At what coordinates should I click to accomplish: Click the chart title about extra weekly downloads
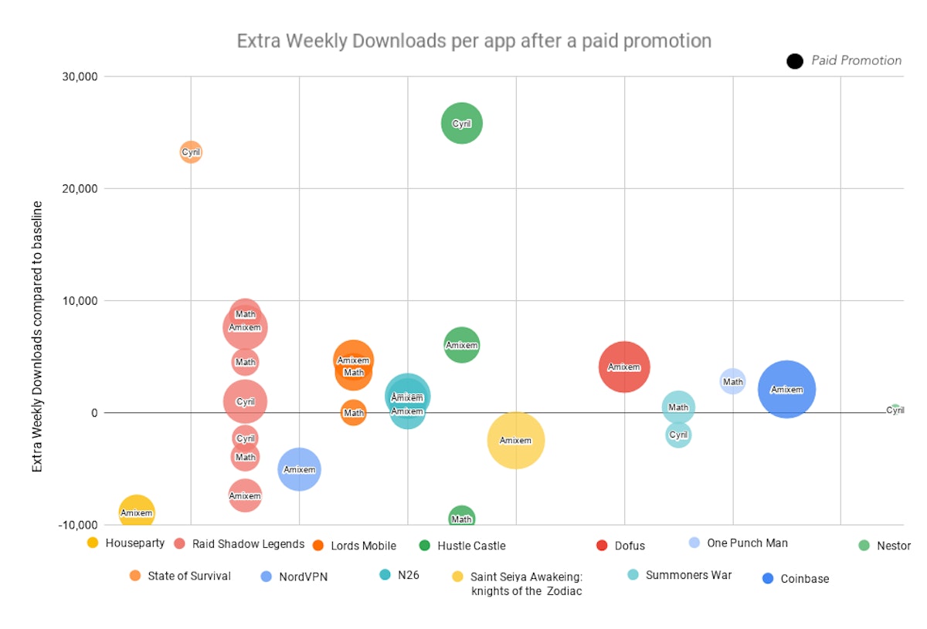coord(474,41)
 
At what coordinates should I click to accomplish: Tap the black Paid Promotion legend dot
coord(795,61)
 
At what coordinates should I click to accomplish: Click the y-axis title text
coord(37,336)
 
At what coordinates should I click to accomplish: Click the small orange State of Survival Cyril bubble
coord(191,152)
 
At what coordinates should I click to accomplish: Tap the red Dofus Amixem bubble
coord(624,367)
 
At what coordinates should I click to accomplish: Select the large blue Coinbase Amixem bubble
coord(786,390)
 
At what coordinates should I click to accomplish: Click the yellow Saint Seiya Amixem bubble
coord(516,440)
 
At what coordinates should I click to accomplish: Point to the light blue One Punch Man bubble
coord(732,381)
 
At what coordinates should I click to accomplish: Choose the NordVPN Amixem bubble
coord(299,469)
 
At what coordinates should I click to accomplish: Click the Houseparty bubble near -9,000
coord(137,512)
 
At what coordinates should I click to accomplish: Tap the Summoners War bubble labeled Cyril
coord(678,435)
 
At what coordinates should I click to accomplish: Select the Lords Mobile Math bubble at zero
coord(354,413)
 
